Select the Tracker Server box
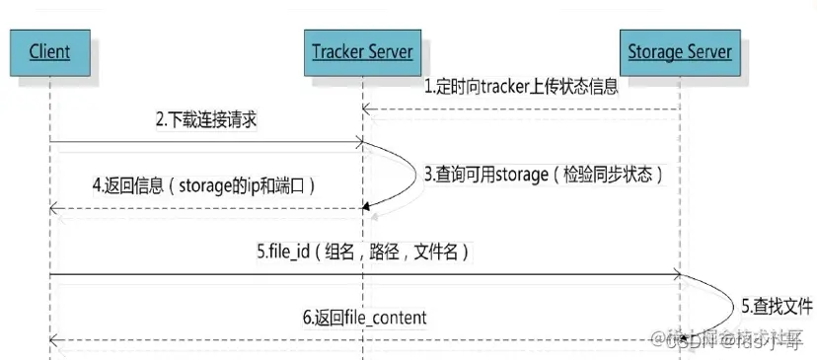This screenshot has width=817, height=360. click(x=361, y=50)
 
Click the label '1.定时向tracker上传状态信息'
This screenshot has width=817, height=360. click(x=521, y=86)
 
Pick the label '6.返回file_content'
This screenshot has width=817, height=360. click(x=364, y=317)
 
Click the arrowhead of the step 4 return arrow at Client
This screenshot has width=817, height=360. click(x=53, y=207)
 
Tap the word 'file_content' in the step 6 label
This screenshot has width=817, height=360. click(x=385, y=317)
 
